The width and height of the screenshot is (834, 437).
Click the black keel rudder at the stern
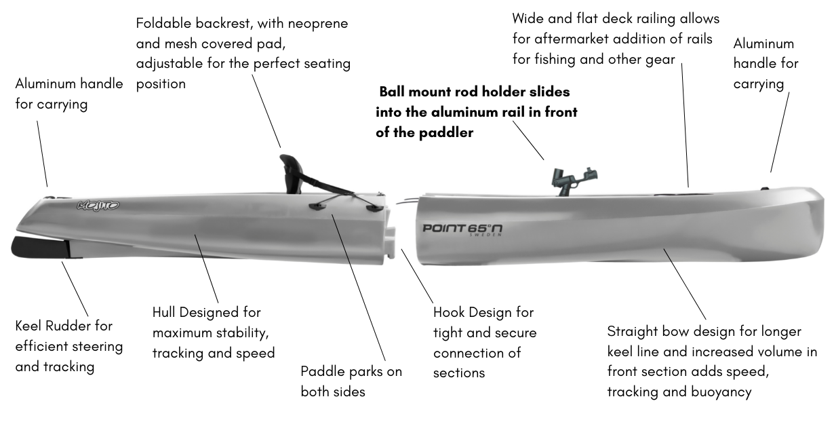pos(37,248)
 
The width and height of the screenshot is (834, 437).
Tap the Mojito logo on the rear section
pos(98,204)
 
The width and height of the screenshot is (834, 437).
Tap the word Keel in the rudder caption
pos(31,326)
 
